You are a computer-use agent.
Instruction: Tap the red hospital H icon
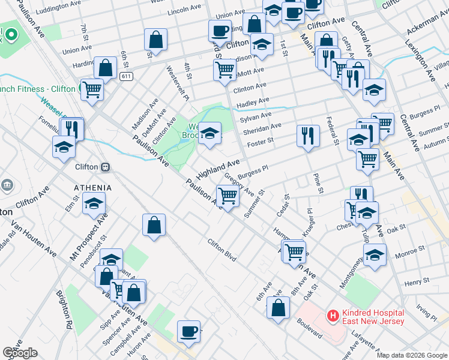tap(332, 314)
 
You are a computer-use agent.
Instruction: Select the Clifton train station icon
tap(105, 167)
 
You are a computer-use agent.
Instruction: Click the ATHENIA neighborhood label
tap(93, 188)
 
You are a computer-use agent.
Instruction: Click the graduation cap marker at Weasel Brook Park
tap(209, 133)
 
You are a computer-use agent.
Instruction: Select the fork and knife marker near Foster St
tap(308, 135)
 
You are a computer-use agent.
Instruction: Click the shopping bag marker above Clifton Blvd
tap(154, 225)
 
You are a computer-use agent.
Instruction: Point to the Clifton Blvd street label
tap(221, 251)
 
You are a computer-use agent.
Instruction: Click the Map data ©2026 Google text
tap(411, 355)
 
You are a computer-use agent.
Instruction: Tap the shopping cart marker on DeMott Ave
tap(224, 69)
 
